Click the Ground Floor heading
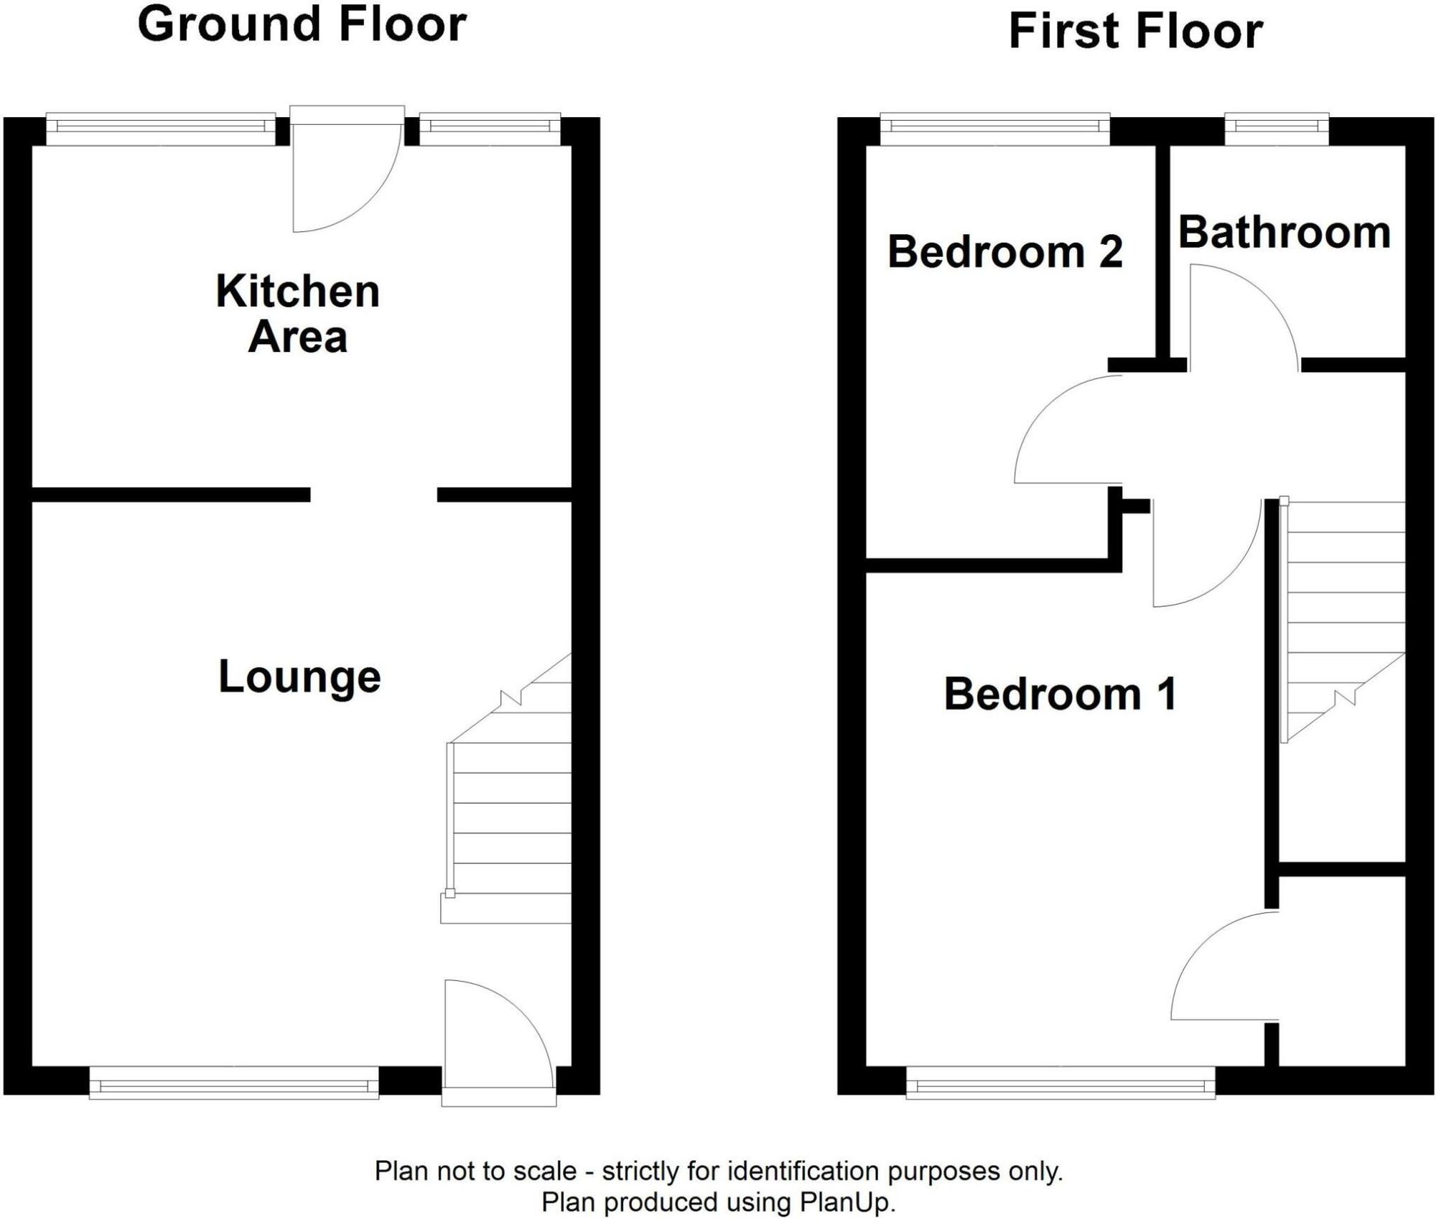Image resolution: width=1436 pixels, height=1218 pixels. pos(302,25)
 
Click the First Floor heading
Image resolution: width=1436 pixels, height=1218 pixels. pos(1135,32)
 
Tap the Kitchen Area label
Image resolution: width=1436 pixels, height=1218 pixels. pos(298,314)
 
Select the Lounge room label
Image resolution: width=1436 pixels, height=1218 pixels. pos(299,677)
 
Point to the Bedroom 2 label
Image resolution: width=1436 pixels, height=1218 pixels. pos(1004,252)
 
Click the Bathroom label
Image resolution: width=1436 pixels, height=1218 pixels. pos(1285,233)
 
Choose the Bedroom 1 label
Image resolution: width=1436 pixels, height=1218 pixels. pos(1060,694)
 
